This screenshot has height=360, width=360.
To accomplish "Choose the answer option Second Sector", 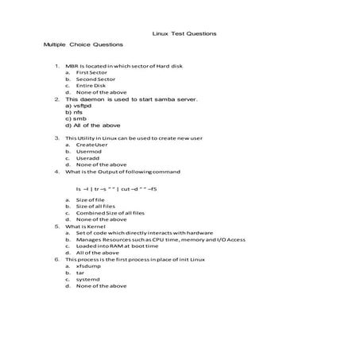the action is (95, 79).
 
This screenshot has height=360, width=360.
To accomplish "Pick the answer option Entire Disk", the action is (91, 86).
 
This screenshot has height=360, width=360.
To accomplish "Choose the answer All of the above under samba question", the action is (92, 125).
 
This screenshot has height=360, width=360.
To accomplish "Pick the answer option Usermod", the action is (89, 151).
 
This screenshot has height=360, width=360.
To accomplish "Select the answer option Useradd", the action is (88, 158).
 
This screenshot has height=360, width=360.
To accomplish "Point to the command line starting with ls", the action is (117, 188).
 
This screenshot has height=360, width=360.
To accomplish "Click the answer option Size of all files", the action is (96, 206).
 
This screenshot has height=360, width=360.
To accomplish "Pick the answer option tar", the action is (79, 272).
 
